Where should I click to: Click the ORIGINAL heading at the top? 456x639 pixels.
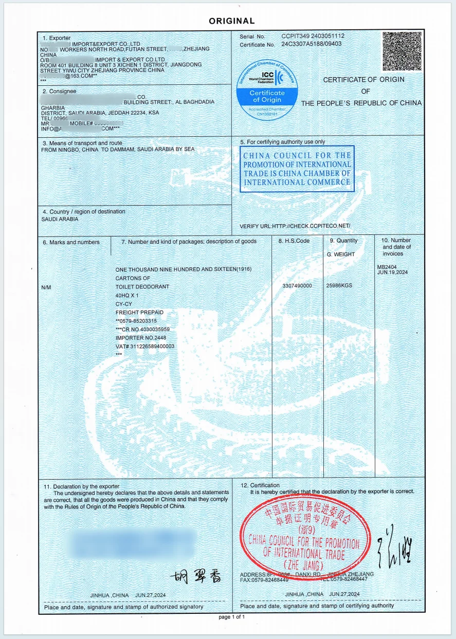coord(232,21)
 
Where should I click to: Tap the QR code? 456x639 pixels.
coord(402,51)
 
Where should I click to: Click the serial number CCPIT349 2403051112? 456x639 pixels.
coord(313,36)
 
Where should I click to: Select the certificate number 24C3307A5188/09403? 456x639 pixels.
coord(312,44)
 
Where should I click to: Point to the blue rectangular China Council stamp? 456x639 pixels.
coord(297,169)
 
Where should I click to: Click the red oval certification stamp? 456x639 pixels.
coord(304,537)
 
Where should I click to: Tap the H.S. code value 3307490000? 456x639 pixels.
coord(297,286)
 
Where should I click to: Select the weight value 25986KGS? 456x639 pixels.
coord(339,286)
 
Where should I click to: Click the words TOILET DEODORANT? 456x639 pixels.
coord(142,286)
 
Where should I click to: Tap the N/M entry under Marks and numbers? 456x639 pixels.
coord(46,287)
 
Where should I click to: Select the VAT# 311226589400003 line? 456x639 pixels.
coord(145,346)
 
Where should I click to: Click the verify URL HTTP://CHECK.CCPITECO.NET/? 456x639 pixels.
coord(295,226)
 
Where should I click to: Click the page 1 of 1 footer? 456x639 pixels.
coord(232,616)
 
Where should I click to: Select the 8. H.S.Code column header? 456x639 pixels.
coord(294,241)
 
